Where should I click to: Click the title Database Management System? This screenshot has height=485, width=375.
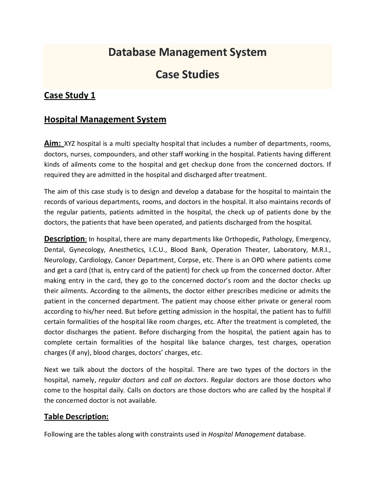(187, 52)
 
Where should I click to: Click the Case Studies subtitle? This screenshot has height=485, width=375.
(187, 74)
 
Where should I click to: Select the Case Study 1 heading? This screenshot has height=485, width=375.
(70, 95)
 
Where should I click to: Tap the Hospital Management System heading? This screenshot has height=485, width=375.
(105, 119)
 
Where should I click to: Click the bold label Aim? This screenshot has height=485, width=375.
(53, 144)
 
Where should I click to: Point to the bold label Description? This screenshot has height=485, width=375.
(64, 239)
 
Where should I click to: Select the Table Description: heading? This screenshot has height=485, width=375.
(76, 416)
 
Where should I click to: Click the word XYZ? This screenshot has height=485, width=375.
(70, 144)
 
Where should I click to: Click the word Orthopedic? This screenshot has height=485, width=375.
(242, 239)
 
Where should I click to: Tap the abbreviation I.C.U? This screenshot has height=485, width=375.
(158, 250)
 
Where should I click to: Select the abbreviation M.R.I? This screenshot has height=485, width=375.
(321, 250)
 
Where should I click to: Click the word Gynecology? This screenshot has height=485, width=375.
(87, 250)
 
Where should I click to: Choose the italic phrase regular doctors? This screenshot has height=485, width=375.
(122, 380)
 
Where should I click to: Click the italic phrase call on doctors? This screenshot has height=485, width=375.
(184, 380)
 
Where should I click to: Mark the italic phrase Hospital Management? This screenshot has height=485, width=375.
(241, 434)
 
